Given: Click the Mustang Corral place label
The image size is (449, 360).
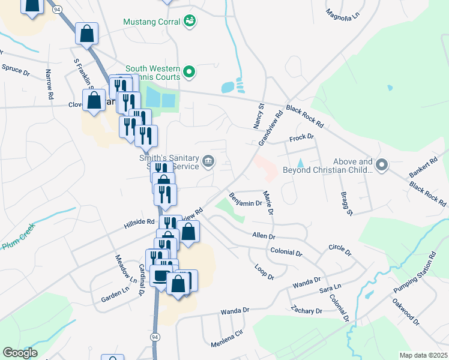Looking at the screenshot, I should [x=152, y=22].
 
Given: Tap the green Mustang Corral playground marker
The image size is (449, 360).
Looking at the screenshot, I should [x=190, y=21].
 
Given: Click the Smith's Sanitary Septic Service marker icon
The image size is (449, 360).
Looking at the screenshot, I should [x=208, y=160].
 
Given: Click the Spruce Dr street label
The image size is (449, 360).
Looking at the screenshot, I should [x=16, y=70].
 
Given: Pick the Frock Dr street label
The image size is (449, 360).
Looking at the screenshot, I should [x=302, y=137].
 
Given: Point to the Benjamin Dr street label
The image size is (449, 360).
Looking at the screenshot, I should [x=246, y=199].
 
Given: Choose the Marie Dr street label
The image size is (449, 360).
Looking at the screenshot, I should [x=268, y=203].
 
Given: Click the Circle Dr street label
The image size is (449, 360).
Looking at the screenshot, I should [x=339, y=248].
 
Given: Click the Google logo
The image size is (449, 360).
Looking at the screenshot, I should [x=20, y=353].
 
